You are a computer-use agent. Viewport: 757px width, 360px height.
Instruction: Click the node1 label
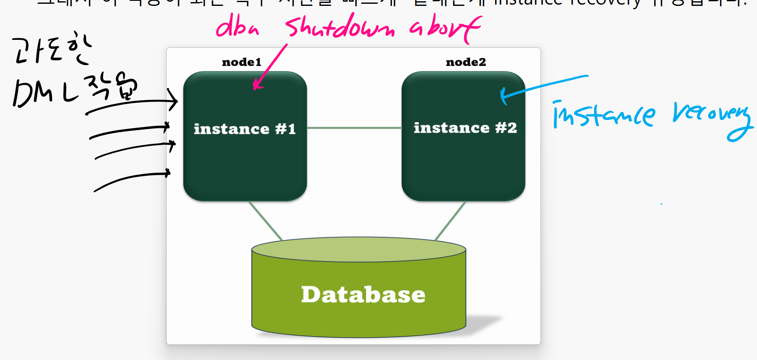(x=241, y=62)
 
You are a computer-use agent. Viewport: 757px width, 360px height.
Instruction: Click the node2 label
(x=465, y=62)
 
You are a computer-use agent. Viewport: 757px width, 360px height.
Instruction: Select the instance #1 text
(x=245, y=129)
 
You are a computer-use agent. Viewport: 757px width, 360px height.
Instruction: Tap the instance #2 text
(x=465, y=128)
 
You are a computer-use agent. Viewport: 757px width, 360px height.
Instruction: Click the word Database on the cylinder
(x=363, y=295)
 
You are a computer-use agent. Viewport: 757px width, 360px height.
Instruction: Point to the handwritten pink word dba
(x=237, y=26)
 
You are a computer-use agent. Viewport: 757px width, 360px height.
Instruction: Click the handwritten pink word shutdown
(x=340, y=27)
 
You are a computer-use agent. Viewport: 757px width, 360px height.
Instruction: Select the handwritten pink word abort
(x=445, y=27)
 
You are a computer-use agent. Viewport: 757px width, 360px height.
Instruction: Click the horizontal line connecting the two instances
(x=354, y=128)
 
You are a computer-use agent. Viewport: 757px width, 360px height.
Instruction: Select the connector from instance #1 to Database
(x=265, y=220)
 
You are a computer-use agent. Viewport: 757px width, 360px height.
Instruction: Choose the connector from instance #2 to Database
(x=450, y=220)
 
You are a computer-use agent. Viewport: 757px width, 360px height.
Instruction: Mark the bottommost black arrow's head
(x=168, y=172)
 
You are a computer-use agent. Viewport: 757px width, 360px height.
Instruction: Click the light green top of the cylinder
(x=358, y=250)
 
